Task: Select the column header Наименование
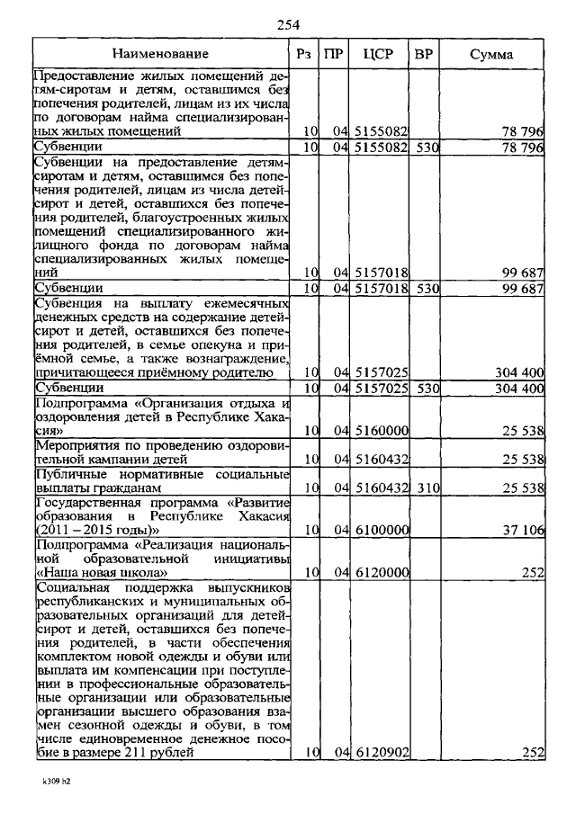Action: click(166, 55)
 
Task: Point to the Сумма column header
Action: click(491, 55)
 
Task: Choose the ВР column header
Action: click(424, 55)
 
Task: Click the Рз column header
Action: click(304, 55)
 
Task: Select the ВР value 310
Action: click(424, 487)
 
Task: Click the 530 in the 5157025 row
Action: click(424, 388)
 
